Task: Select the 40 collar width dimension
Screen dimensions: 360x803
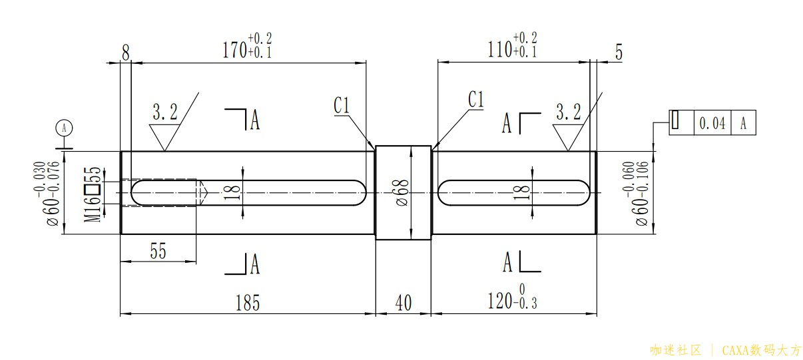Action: tap(403, 303)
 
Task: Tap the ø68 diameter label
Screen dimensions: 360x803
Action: tap(401, 192)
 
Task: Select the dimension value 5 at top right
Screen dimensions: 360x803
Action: tap(619, 53)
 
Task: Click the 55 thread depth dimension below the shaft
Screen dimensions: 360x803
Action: tap(157, 251)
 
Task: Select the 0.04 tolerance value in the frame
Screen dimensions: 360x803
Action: tap(712, 122)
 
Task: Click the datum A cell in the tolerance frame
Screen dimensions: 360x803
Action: tap(744, 122)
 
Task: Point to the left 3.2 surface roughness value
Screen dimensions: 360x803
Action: tap(165, 112)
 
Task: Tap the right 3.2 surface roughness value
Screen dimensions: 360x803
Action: tap(568, 111)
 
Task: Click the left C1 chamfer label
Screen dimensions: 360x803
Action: tap(342, 105)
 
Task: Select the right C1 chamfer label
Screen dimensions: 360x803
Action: tap(475, 100)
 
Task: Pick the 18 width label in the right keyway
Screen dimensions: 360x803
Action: tap(523, 192)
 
